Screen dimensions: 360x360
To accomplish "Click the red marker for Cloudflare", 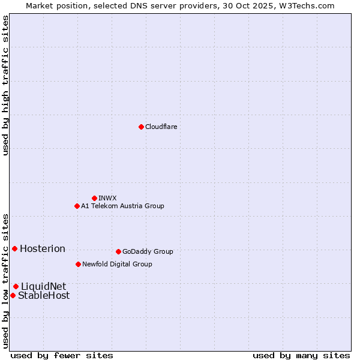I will pyautogui.click(x=141, y=127).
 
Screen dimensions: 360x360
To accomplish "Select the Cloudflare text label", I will pyautogui.click(x=161, y=127).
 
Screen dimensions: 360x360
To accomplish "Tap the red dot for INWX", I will pyautogui.click(x=94, y=198).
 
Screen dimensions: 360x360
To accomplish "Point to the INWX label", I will pyautogui.click(x=107, y=198).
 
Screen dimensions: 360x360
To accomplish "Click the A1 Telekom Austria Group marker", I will pyautogui.click(x=77, y=206).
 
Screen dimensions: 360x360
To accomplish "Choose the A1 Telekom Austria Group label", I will pyautogui.click(x=122, y=206).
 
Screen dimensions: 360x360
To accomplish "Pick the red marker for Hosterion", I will pyautogui.click(x=14, y=248).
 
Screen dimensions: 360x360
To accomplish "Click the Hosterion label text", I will pyautogui.click(x=43, y=249).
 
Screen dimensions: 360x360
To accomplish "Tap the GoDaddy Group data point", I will pyautogui.click(x=118, y=251).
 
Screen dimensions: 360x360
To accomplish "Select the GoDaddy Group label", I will pyautogui.click(x=148, y=251).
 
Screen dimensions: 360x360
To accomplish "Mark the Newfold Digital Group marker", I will pyautogui.click(x=78, y=264).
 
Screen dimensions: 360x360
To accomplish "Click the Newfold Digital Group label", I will pyautogui.click(x=117, y=264).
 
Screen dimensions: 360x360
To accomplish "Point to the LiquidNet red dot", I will pyautogui.click(x=16, y=286).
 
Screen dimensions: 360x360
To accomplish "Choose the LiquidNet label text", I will pyautogui.click(x=44, y=287).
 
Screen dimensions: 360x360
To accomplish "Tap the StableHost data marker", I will pyautogui.click(x=13, y=295).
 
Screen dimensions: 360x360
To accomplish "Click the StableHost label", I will pyautogui.click(x=44, y=296).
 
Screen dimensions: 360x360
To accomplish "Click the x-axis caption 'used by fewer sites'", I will pyautogui.click(x=62, y=355).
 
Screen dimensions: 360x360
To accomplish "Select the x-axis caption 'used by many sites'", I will pyautogui.click(x=301, y=355).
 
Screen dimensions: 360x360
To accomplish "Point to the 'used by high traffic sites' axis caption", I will pyautogui.click(x=5, y=85).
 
